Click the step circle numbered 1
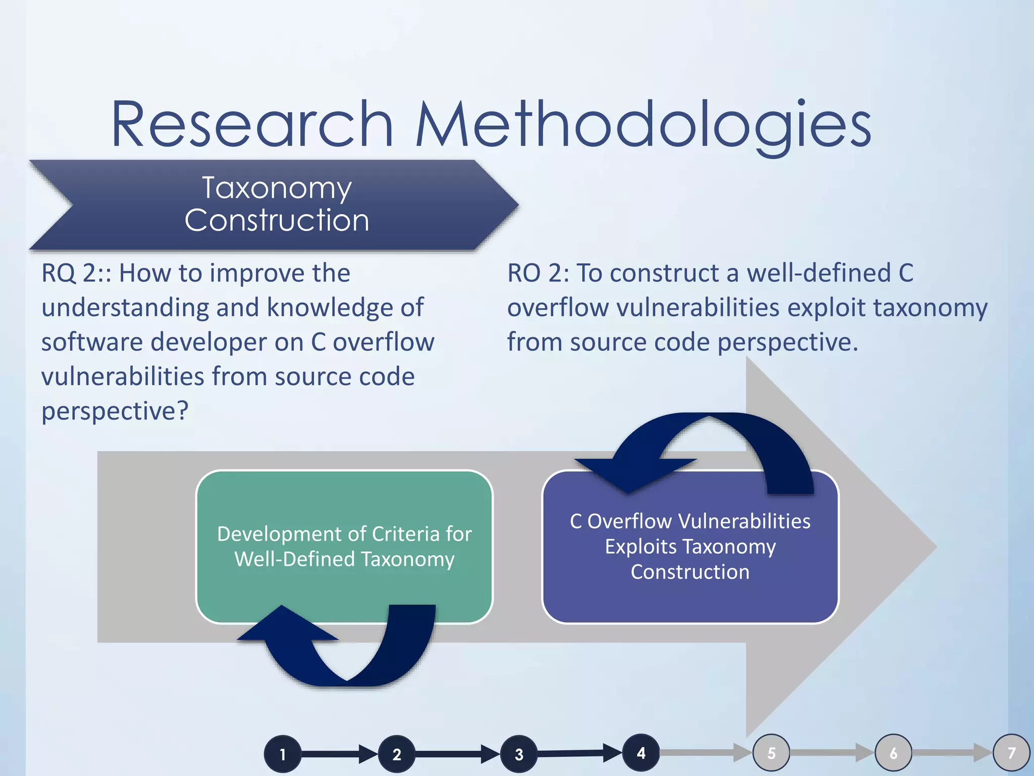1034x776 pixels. coord(283,754)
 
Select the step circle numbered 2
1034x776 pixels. coord(397,754)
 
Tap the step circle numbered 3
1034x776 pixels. coord(519,754)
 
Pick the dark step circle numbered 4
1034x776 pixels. coord(641,753)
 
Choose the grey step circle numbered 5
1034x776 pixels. coord(771,753)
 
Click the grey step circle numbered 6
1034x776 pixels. coord(893,753)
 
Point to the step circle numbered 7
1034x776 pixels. coord(1011,753)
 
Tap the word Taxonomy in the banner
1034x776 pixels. coord(277,188)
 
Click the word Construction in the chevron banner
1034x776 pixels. coord(277,221)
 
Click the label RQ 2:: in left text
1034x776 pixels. coord(76,273)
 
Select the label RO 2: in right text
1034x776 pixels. coord(538,273)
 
